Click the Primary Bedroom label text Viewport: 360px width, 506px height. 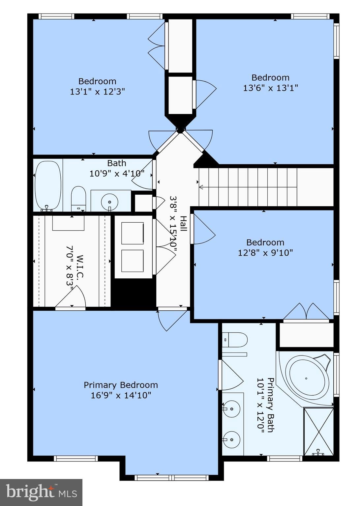tap(121, 385)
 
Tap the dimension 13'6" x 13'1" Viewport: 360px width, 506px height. tap(270, 88)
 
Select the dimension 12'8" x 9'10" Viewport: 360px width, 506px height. tap(265, 253)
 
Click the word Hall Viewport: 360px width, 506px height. tap(183, 223)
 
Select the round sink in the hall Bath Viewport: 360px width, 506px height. tap(109, 200)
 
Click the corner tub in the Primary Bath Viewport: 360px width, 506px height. tap(307, 378)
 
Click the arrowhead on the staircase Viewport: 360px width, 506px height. tap(201, 187)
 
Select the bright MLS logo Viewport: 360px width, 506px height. tap(41, 492)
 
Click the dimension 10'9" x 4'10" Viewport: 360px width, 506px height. tap(117, 173)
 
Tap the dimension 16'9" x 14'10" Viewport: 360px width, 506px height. tap(121, 395)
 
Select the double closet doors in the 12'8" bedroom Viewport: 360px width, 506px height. tap(306, 312)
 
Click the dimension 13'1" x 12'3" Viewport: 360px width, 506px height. tap(97, 92)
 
